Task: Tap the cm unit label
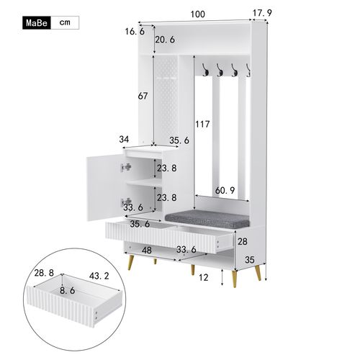65,23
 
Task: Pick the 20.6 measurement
165,40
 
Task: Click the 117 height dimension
202,124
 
